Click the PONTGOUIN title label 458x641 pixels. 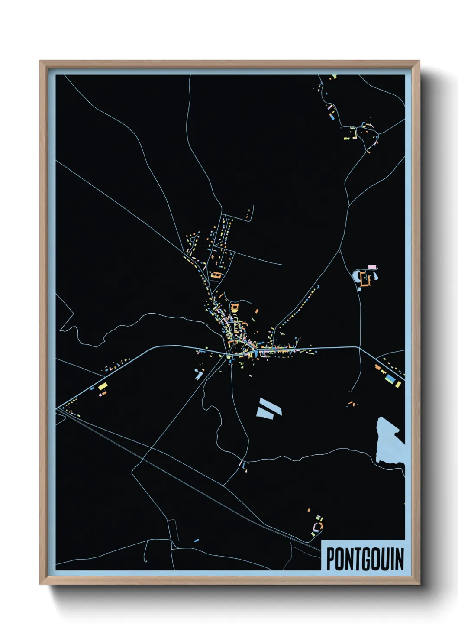[x=364, y=558]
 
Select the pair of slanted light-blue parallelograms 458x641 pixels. [x=269, y=408]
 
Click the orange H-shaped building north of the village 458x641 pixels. [x=216, y=274]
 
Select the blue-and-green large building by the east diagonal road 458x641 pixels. [x=390, y=379]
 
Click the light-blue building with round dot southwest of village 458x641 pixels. [x=199, y=373]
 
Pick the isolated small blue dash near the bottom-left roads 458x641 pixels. [x=197, y=540]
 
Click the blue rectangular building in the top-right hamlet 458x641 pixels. [x=332, y=117]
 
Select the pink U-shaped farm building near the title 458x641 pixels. [x=319, y=527]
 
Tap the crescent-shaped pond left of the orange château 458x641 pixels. [x=357, y=278]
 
